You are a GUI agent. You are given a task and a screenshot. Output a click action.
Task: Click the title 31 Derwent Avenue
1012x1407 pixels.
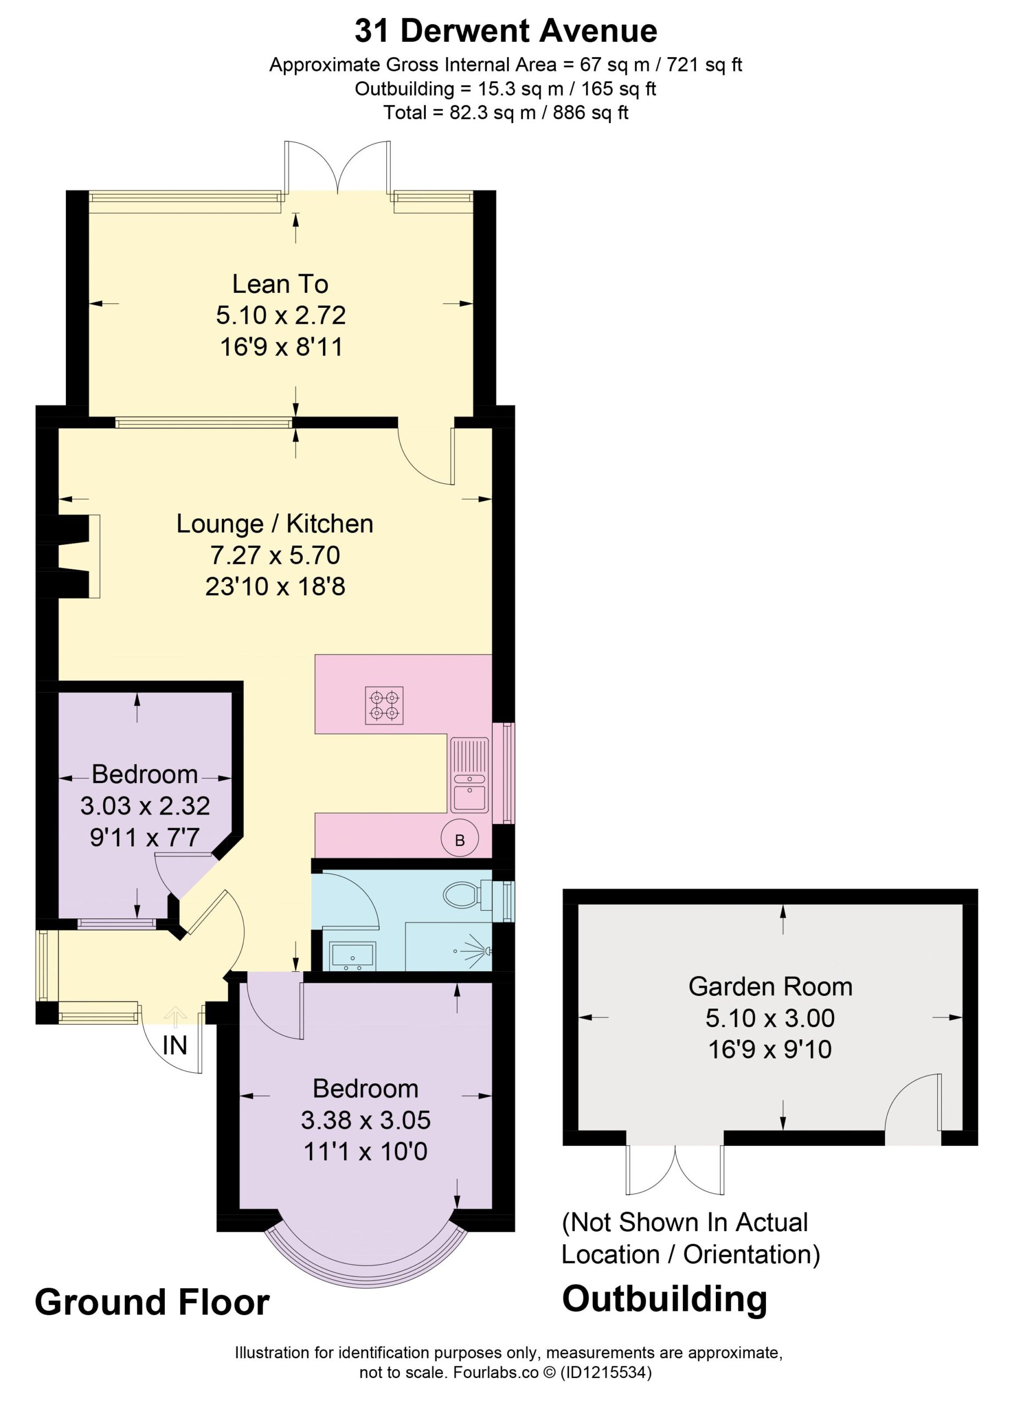[x=505, y=31]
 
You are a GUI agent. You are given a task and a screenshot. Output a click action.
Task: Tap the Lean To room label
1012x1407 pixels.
[x=280, y=284]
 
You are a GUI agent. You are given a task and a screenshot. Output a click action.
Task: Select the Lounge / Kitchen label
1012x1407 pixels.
[x=275, y=524]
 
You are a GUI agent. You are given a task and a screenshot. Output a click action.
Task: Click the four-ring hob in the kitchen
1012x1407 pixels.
[x=385, y=705]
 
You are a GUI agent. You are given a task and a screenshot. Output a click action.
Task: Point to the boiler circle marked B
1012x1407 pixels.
[x=459, y=839]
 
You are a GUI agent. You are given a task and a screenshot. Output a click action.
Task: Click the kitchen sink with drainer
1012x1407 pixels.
[x=469, y=775]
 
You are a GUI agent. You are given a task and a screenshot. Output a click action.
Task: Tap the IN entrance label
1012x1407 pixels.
[x=174, y=1046]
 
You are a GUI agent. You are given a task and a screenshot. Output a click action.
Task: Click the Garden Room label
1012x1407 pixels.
[x=770, y=987]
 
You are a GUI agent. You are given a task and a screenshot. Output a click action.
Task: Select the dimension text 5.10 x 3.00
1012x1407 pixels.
[x=770, y=1018]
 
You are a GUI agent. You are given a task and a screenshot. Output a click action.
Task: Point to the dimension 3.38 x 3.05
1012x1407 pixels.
[x=366, y=1120]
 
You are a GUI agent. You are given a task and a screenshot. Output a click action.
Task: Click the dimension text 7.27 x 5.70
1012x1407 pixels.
[x=275, y=555]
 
